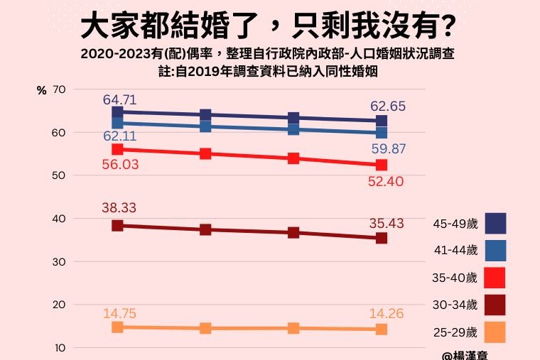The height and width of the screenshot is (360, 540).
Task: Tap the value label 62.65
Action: (x=388, y=107)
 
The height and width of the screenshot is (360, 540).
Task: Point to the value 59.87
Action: (x=388, y=149)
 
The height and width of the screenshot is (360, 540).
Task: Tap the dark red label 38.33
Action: (x=119, y=208)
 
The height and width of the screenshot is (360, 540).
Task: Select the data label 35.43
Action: (x=387, y=223)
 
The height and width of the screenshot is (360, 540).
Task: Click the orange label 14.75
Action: (x=119, y=313)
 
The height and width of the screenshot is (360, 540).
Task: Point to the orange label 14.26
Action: (x=387, y=313)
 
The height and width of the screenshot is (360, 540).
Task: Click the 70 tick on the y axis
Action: (x=59, y=89)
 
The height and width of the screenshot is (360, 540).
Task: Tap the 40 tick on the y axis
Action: (x=59, y=219)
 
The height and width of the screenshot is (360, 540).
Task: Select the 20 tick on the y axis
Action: (x=59, y=305)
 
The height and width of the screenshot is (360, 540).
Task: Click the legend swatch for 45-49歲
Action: (x=495, y=223)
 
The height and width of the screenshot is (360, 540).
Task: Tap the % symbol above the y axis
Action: (x=41, y=90)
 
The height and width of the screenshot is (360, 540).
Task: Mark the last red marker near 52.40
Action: (x=382, y=165)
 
